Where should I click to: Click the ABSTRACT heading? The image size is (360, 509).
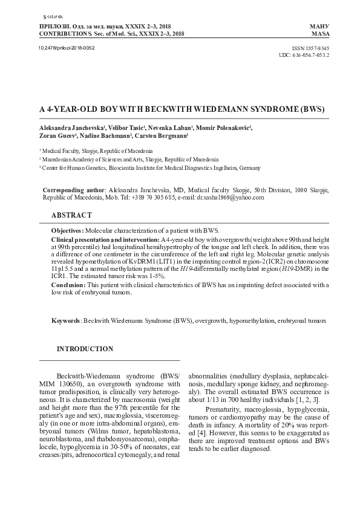click(71, 215)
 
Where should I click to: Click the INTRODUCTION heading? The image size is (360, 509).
click(85, 349)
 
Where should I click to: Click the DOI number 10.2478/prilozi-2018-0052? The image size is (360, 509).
click(67, 47)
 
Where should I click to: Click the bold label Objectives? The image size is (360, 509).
click(67, 231)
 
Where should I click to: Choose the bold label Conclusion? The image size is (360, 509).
click(68, 285)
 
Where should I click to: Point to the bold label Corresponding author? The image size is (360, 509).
click(74, 190)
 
